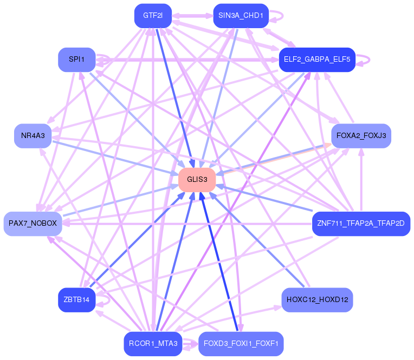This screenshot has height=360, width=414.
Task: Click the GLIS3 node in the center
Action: (197, 179)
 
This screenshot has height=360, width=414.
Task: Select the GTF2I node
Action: (153, 16)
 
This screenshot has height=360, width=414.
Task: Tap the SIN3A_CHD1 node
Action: (241, 16)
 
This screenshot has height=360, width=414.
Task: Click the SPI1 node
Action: (76, 60)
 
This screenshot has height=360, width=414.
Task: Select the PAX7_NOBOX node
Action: (33, 224)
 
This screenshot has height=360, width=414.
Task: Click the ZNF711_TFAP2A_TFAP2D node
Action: (361, 224)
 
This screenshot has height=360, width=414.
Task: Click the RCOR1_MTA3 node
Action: (153, 344)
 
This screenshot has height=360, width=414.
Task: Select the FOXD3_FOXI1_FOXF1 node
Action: (241, 344)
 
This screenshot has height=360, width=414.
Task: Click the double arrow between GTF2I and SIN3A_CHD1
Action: (192, 16)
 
